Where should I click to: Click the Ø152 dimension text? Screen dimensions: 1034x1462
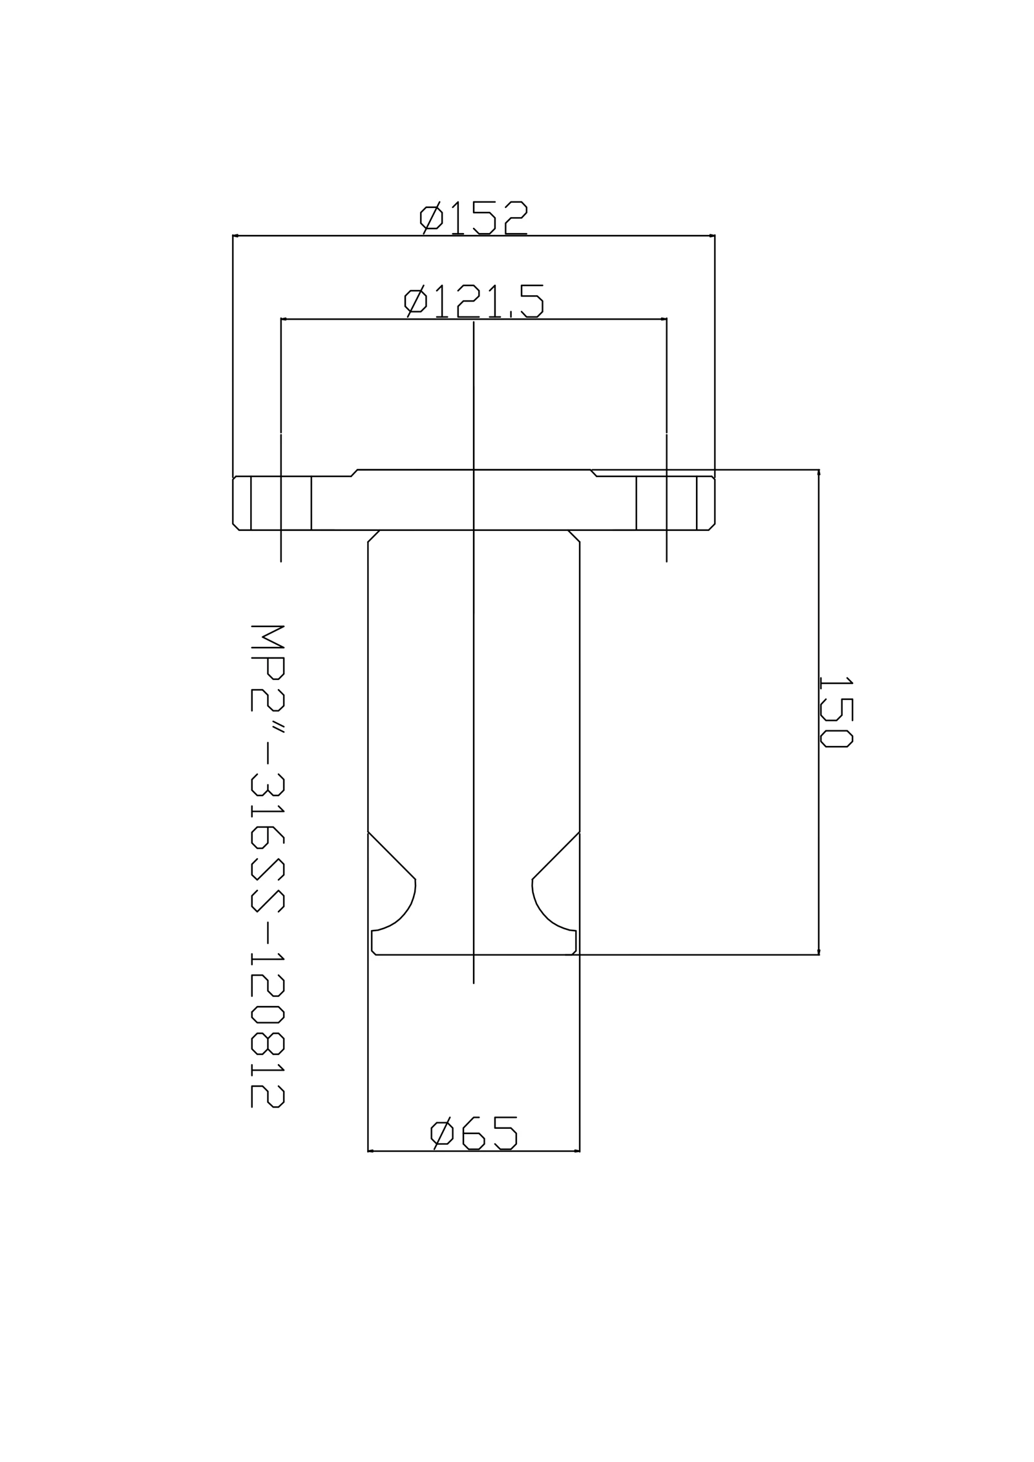pos(474,218)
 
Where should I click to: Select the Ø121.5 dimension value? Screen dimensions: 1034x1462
pos(474,301)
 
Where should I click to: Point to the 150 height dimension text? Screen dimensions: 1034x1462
pos(836,712)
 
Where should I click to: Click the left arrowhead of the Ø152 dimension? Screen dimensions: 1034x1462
pos(236,236)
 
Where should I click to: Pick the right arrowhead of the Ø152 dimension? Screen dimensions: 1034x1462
pos(712,236)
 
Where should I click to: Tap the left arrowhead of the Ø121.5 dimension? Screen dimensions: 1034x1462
pos(284,319)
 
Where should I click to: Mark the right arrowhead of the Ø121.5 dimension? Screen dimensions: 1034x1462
pos(663,319)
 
